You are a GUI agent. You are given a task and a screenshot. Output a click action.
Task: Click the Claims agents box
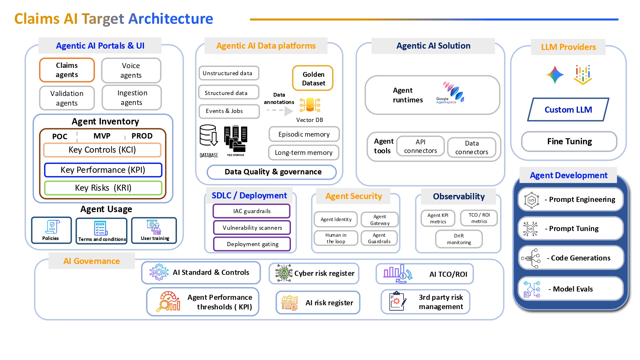(67, 70)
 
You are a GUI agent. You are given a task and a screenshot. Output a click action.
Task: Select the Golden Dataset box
(313, 78)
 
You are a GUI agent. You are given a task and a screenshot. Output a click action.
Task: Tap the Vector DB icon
(310, 105)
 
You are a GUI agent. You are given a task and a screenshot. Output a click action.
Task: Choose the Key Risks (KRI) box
(103, 188)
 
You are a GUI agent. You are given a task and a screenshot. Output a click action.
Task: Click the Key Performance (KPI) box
(103, 170)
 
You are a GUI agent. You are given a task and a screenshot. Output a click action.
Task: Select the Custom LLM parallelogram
(568, 110)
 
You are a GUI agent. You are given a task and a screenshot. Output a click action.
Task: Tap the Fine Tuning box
(569, 141)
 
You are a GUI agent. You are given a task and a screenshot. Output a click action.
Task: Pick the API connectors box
(420, 146)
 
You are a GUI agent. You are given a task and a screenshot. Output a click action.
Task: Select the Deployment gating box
(252, 244)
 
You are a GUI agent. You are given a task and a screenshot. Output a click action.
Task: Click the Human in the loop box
(336, 238)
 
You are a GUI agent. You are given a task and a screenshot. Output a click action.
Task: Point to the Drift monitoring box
(459, 239)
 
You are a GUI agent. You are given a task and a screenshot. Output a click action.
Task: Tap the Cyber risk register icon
(284, 273)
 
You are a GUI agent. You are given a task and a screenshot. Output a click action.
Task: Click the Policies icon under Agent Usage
(52, 227)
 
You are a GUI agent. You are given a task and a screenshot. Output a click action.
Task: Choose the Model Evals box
(571, 289)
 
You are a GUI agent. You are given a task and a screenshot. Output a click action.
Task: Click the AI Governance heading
(92, 261)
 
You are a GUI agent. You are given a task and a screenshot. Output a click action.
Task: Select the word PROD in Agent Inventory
(142, 136)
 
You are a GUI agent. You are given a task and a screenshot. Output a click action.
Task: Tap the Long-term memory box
(303, 153)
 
